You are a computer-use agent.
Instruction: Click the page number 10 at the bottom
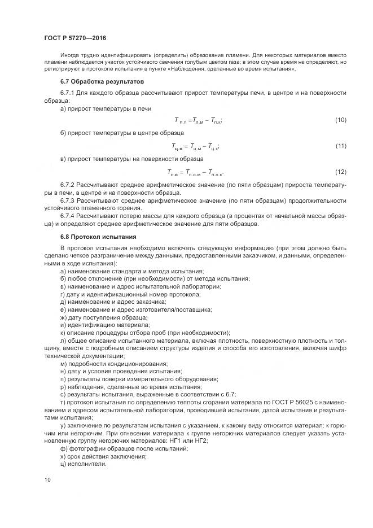47,479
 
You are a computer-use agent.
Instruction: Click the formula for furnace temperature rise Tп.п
198,120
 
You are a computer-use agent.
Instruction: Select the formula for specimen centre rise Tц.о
195,146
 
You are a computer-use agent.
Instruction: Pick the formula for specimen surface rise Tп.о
195,172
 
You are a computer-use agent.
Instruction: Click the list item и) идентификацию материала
97,325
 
